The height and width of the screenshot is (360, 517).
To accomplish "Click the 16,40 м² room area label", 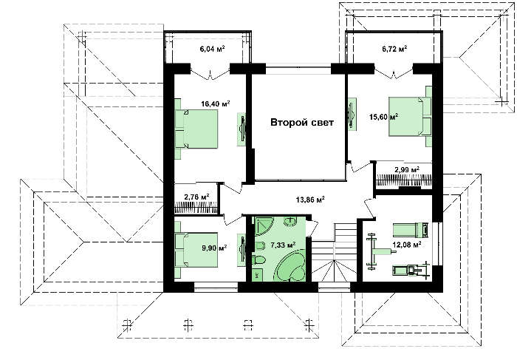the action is [216, 104].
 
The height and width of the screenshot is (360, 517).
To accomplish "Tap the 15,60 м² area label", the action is [383, 117].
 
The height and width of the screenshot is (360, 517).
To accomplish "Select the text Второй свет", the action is [302, 123].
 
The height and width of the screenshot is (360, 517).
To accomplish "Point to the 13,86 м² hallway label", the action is [310, 200].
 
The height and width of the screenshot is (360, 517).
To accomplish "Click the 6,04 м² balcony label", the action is [213, 50].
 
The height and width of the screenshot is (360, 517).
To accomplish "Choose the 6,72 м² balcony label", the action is [394, 49].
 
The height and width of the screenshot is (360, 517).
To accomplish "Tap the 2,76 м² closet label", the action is [197, 197].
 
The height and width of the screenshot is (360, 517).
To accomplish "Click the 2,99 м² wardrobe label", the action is [407, 170].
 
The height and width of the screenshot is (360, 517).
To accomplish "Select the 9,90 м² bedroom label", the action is [214, 247].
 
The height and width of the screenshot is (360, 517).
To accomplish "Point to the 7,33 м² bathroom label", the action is [283, 245].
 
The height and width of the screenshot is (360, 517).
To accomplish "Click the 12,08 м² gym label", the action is [407, 245].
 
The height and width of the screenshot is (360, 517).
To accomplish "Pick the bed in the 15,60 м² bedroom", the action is [411, 116].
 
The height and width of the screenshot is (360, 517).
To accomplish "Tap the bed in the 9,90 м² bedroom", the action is [197, 249].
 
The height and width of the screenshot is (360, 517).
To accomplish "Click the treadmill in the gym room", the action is [410, 270].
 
